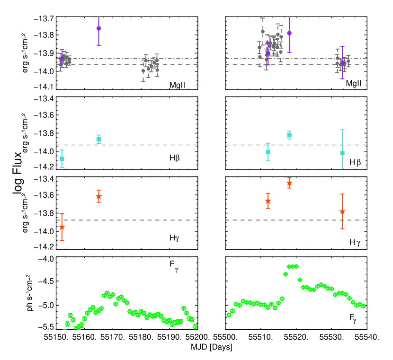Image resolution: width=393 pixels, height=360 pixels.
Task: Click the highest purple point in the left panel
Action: tap(98, 28)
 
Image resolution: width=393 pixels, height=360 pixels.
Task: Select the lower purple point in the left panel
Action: tap(62, 58)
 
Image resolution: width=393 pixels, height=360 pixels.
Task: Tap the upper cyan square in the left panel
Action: tap(98, 139)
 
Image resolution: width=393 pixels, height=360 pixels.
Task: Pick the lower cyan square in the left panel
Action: tap(62, 159)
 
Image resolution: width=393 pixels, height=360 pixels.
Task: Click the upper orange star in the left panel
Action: tap(98, 196)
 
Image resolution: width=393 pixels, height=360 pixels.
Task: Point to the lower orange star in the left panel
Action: tap(62, 227)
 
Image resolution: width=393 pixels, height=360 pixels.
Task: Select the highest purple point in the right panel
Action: tap(289, 33)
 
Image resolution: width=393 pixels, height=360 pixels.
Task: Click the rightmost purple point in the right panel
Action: tap(342, 62)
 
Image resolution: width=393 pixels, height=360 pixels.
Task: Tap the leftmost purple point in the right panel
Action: tap(268, 53)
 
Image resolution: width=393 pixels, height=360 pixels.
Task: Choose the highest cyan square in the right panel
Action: tap(289, 135)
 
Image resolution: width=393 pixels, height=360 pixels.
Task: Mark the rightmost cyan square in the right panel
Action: tap(342, 153)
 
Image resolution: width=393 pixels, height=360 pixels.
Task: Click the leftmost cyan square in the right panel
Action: tap(268, 152)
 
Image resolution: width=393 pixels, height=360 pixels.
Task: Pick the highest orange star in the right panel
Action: tap(289, 183)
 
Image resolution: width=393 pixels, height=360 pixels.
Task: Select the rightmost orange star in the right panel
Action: tap(342, 211)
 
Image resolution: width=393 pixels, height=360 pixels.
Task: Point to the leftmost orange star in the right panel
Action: tap(268, 201)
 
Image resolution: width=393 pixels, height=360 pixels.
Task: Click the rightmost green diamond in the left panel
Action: tap(195, 326)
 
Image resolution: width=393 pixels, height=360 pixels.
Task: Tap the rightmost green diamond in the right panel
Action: tap(364, 306)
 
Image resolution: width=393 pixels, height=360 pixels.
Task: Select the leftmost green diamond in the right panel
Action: tap(229, 315)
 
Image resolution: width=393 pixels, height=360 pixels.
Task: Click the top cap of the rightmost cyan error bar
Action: tap(342, 130)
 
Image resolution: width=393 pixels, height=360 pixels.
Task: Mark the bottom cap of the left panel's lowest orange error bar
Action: tap(62, 241)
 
